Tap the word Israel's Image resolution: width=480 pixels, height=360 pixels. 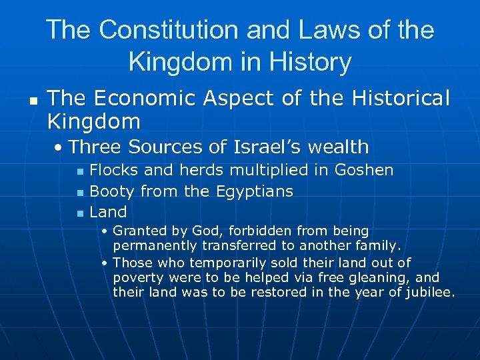click(x=263, y=147)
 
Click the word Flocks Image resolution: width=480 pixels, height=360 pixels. click(x=111, y=170)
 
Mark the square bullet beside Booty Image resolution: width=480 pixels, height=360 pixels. click(x=80, y=193)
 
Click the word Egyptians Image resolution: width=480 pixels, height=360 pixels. click(x=255, y=191)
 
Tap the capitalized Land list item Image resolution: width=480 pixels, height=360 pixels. click(x=108, y=213)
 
